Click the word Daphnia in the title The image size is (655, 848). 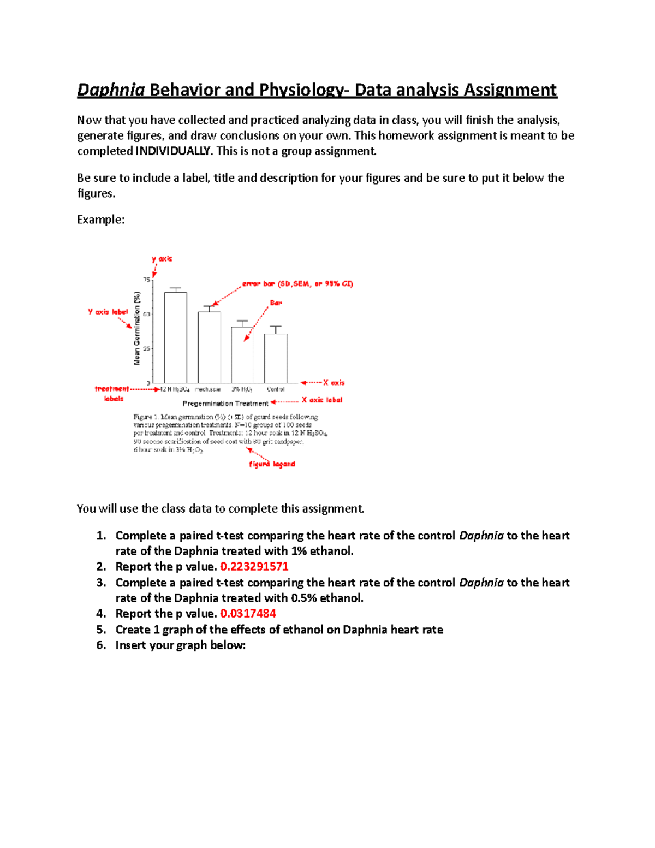click(111, 90)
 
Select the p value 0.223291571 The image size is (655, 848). click(254, 567)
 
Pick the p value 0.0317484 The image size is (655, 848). click(248, 614)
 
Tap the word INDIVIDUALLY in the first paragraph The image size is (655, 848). click(172, 151)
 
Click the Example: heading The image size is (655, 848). click(101, 220)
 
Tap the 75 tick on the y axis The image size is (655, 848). click(146, 280)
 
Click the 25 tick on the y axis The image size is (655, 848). click(146, 348)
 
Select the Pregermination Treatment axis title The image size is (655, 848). click(225, 404)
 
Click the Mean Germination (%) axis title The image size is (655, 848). click(137, 328)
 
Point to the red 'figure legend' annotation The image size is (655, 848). click(272, 464)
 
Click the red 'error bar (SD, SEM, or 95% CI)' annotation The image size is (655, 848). click(297, 284)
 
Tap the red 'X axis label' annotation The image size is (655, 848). click(322, 400)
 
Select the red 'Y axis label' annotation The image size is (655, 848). click(108, 312)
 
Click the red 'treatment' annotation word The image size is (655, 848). click(112, 389)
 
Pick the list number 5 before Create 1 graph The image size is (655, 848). click(101, 630)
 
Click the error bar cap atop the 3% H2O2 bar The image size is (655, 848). click(242, 321)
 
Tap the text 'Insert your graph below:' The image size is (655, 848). click(181, 645)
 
